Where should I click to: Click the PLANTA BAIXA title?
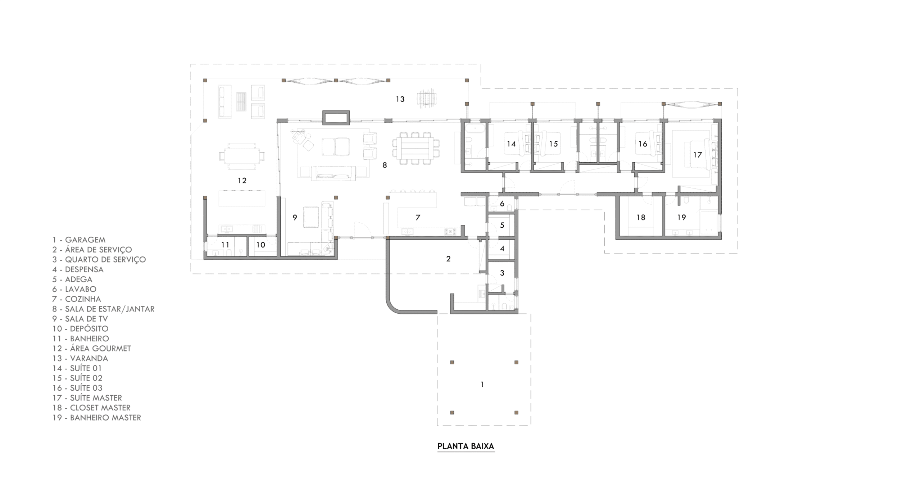pos(466,446)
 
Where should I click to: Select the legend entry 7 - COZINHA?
pos(77,299)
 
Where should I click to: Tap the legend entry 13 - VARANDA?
pos(80,358)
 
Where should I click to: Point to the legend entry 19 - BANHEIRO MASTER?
pos(97,418)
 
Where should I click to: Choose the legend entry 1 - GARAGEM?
pos(79,240)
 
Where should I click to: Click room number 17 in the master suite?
pos(698,155)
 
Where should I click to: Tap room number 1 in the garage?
pos(482,385)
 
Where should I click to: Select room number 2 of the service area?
pos(448,259)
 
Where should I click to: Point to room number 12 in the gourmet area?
pos(242,180)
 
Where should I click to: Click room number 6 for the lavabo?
pos(502,204)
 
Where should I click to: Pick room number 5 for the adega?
pos(502,225)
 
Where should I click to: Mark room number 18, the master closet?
pos(641,217)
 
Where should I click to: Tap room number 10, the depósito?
pos(260,245)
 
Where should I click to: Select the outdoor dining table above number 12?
pos(242,156)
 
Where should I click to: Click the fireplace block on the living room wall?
pos(336,118)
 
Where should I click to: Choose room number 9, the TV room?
pos(295,217)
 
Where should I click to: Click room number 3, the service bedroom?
pos(502,273)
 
